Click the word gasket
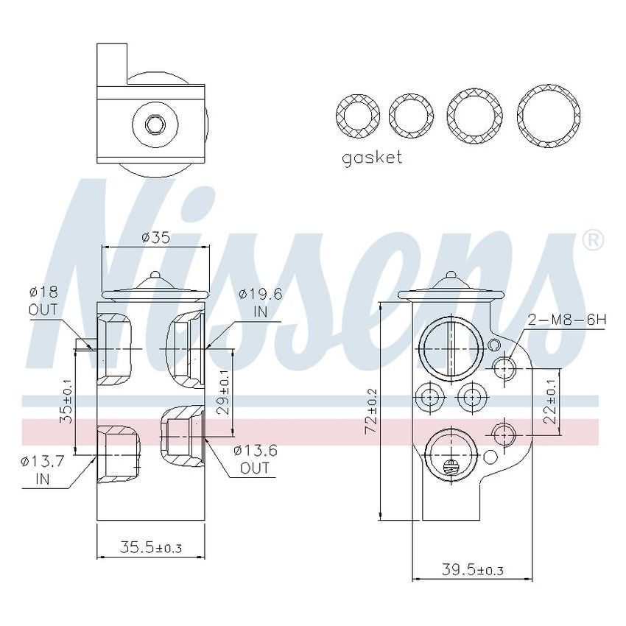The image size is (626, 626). tap(372, 157)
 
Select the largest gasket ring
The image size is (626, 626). tap(546, 116)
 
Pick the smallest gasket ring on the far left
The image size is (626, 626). tap(357, 116)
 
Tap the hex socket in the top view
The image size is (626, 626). tap(154, 126)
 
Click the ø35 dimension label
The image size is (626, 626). tap(155, 237)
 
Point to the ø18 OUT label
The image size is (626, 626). tap(43, 300)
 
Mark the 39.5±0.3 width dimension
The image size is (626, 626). tap(472, 569)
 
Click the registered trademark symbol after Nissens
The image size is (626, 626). tap(593, 240)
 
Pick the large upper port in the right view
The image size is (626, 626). tap(451, 350)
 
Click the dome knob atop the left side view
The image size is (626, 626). tap(154, 278)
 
